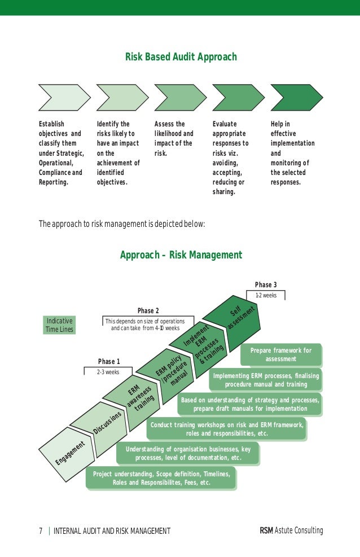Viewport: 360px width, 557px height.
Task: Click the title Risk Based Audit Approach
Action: click(x=181, y=57)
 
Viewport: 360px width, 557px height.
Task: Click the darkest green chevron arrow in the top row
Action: click(x=296, y=97)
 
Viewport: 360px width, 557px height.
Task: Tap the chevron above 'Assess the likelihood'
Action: click(x=181, y=97)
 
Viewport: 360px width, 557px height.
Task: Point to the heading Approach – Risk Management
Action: click(x=181, y=255)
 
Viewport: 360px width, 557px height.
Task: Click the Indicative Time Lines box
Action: click(x=59, y=325)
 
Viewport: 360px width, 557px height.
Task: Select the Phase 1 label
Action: click(x=109, y=361)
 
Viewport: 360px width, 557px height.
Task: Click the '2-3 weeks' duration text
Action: click(x=108, y=372)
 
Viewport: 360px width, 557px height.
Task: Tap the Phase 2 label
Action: click(x=148, y=310)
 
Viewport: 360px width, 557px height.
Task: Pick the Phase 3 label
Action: click(x=266, y=284)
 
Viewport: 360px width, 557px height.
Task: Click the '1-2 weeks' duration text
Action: click(x=266, y=295)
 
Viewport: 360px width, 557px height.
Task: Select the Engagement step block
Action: click(x=68, y=453)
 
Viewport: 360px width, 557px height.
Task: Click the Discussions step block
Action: click(x=101, y=426)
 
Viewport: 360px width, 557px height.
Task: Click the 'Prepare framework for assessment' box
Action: click(x=281, y=354)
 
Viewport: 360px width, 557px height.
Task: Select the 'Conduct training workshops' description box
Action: click(x=226, y=429)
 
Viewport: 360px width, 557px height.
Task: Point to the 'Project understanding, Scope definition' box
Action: click(x=161, y=478)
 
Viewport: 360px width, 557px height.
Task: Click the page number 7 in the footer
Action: click(x=41, y=531)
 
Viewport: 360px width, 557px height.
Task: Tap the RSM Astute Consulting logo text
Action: click(x=292, y=530)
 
